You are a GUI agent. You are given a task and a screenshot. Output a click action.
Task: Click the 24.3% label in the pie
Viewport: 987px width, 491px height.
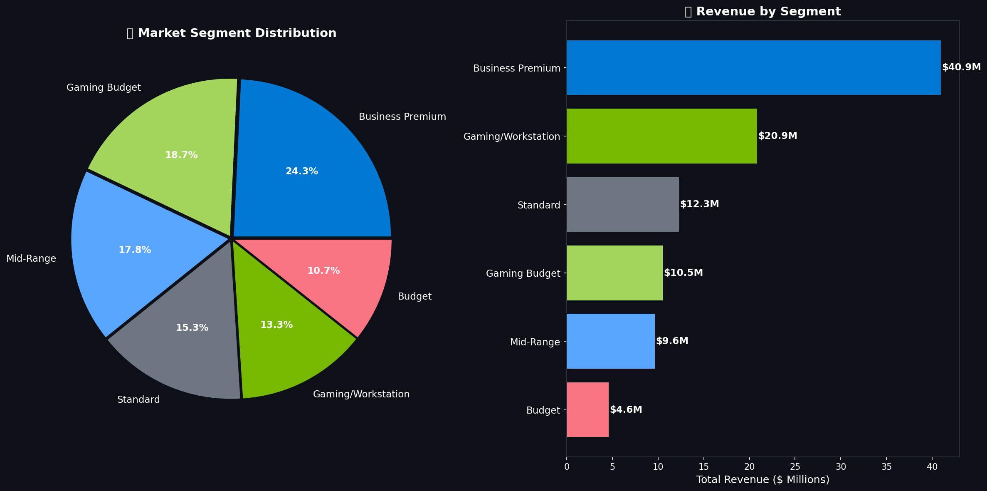(301, 171)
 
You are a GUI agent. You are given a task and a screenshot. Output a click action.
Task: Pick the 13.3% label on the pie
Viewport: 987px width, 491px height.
(276, 325)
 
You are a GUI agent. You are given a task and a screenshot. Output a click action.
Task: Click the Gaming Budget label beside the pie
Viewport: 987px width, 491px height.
(104, 88)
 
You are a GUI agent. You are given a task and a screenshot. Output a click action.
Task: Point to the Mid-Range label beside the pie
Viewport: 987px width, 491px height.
(31, 259)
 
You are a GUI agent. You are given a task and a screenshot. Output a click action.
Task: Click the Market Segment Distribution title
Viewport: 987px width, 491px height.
(232, 33)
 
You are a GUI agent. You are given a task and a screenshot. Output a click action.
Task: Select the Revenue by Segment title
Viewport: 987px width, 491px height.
(762, 12)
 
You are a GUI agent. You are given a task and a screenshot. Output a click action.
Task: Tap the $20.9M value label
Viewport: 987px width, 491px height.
(777, 136)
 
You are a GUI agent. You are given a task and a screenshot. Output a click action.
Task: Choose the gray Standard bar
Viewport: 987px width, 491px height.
(622, 205)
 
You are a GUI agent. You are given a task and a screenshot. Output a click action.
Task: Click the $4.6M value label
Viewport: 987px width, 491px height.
(626, 410)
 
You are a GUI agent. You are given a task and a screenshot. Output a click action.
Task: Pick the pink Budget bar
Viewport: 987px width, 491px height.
(587, 410)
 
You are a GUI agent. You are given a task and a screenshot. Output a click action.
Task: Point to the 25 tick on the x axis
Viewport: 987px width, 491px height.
(795, 467)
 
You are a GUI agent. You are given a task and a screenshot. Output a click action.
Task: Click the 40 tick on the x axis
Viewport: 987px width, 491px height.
(932, 467)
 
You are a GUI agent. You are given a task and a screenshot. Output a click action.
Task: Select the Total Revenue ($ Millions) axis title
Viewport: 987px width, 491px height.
(762, 480)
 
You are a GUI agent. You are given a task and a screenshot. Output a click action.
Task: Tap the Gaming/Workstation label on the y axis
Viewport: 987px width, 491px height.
(512, 137)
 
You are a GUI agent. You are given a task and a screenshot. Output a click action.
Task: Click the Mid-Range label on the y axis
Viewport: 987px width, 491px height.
(535, 342)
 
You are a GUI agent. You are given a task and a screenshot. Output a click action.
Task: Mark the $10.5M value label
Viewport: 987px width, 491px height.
(683, 273)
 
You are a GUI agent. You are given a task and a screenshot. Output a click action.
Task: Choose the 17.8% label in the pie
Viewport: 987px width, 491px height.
(135, 250)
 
